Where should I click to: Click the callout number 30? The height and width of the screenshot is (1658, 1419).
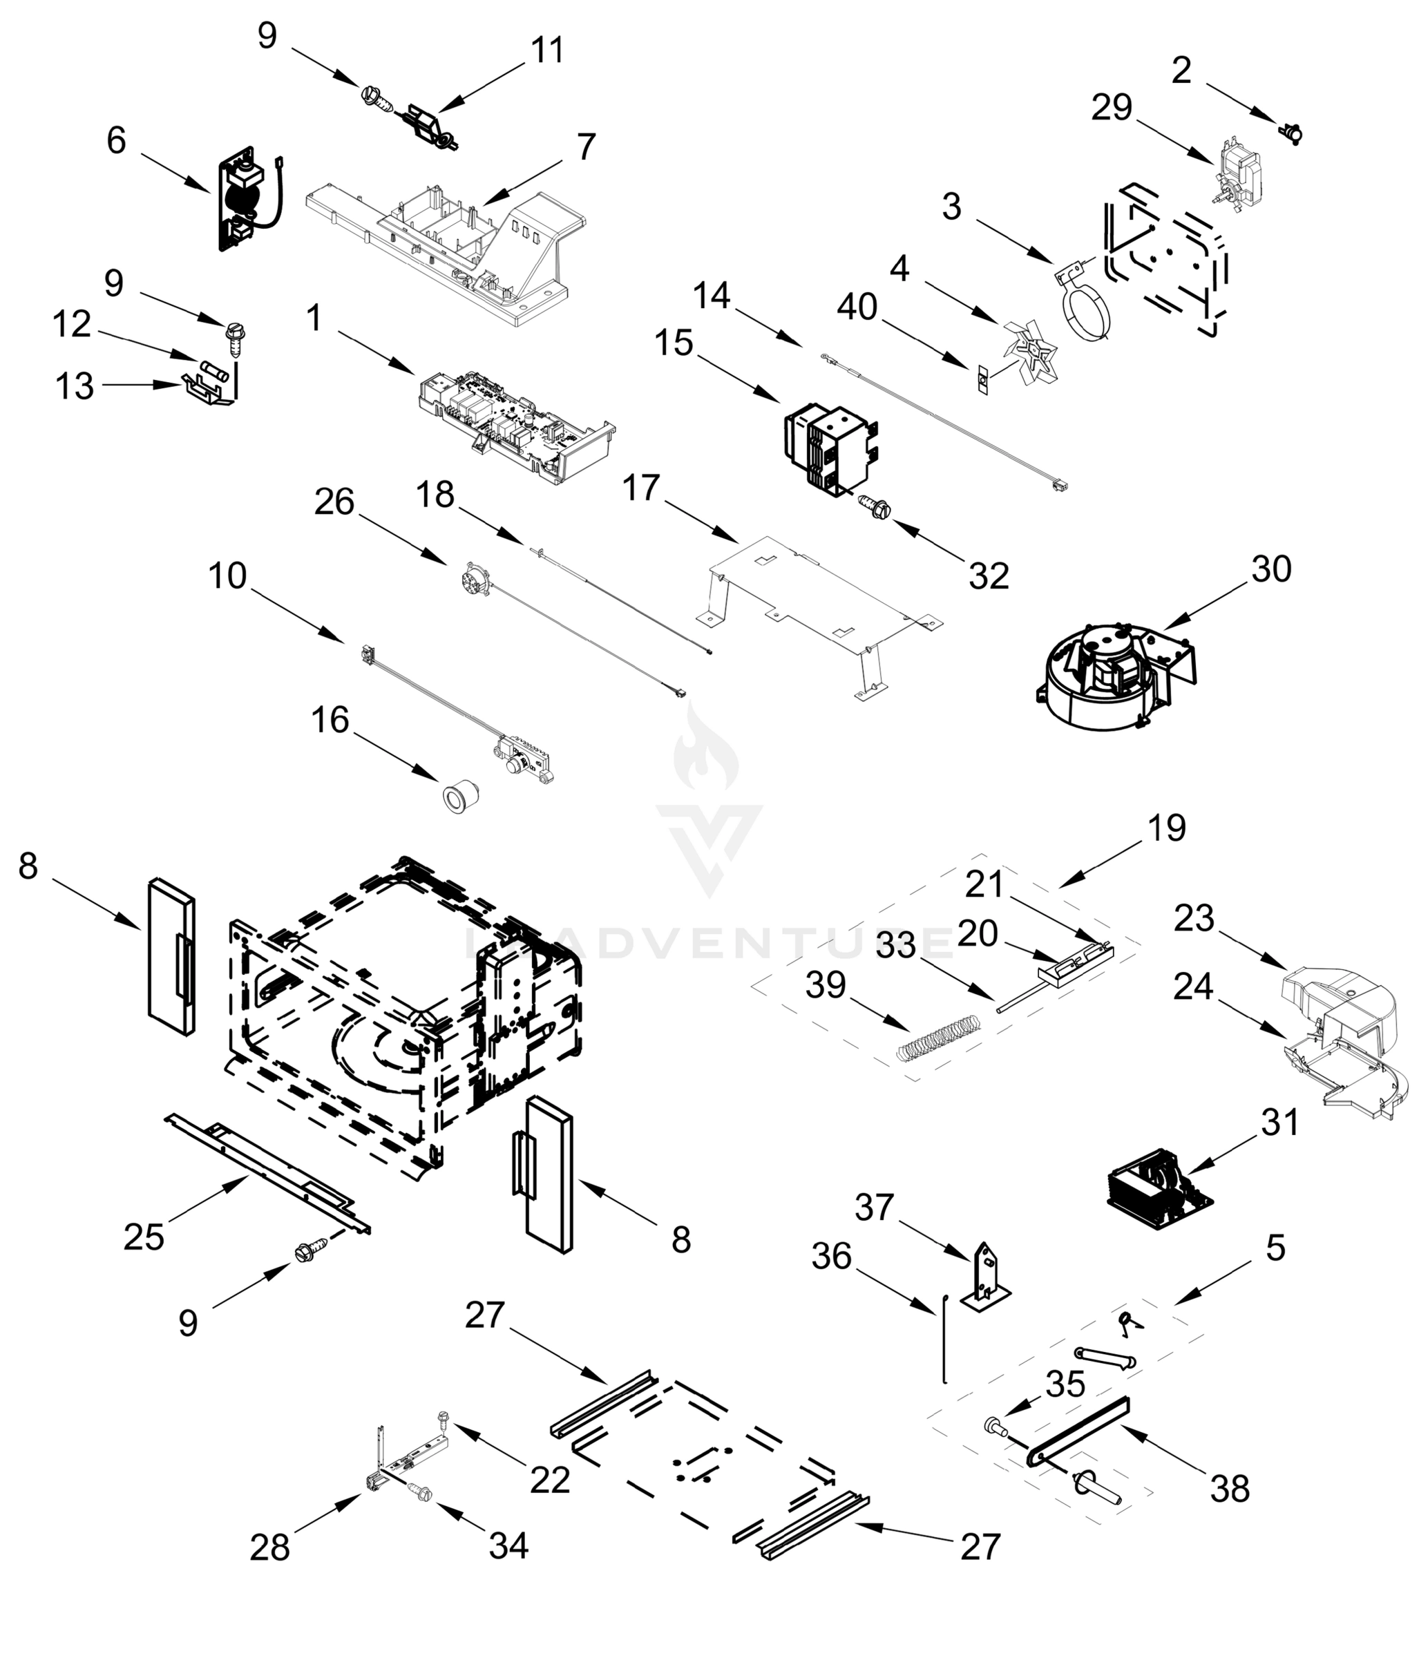click(1271, 569)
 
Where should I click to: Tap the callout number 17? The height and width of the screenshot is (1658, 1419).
click(640, 488)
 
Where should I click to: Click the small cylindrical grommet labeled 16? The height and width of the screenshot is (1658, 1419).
click(461, 797)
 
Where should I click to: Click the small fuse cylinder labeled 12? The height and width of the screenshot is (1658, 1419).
click(216, 370)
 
